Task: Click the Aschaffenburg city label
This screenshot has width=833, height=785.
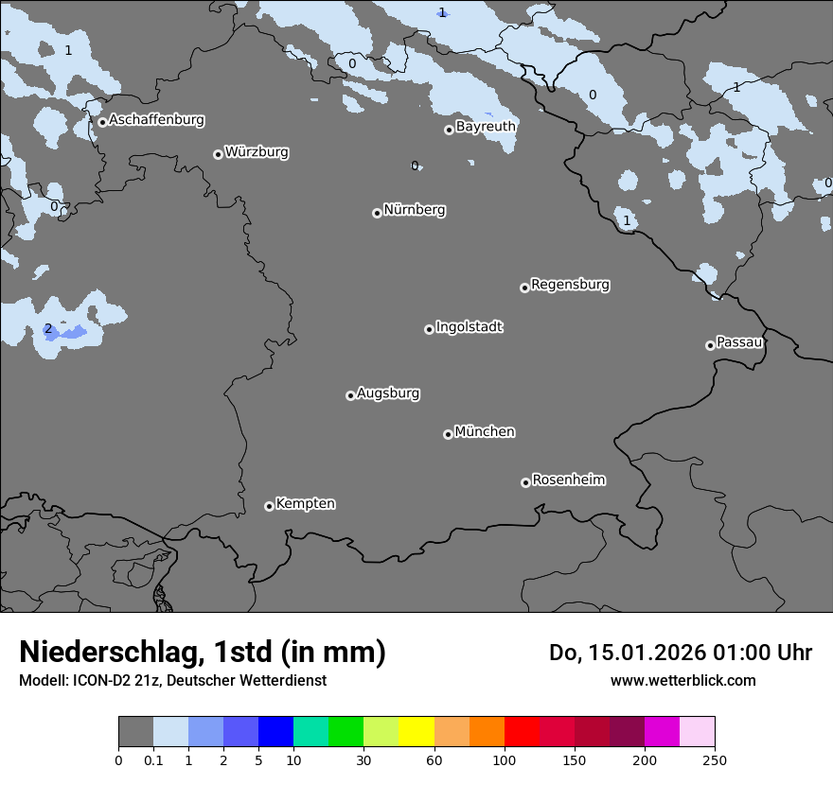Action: point(156,120)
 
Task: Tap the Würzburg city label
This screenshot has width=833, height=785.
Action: point(257,152)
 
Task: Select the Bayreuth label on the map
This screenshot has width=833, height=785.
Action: point(486,127)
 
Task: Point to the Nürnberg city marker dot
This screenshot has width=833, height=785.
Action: point(377,213)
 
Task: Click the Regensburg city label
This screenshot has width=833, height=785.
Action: point(570,285)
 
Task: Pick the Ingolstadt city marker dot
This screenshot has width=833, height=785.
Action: point(429,329)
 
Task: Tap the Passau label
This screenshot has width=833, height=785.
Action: point(739,342)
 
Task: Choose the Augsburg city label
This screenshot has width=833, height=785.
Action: point(388,393)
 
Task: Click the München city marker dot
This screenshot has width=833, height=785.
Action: point(448,435)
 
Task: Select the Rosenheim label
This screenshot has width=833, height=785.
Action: point(568,480)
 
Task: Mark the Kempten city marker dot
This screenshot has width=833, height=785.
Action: point(269,506)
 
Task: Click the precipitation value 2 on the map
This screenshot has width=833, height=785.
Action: point(48,329)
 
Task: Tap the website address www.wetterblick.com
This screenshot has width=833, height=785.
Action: point(682,680)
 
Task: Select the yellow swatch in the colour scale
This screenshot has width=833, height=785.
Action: point(416,732)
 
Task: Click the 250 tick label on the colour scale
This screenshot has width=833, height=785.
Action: point(714,759)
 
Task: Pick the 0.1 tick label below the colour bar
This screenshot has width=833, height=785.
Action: point(153,759)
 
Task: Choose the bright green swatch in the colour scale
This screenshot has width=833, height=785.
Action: point(346,732)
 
